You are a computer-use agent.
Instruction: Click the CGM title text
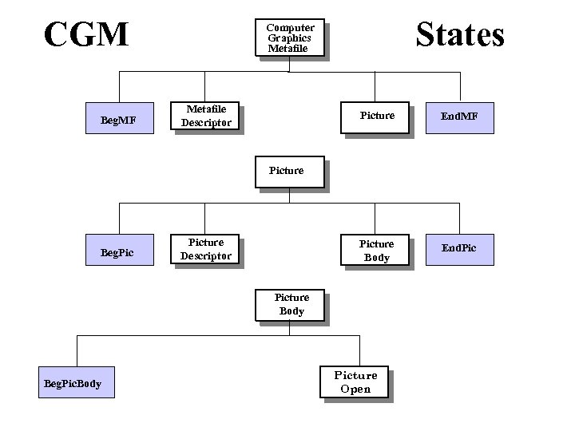86,34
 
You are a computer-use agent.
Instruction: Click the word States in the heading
460,35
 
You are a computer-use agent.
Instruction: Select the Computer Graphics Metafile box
291,38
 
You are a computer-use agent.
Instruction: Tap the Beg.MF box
118,121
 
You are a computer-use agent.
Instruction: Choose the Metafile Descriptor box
206,117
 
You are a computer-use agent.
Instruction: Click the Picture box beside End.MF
377,117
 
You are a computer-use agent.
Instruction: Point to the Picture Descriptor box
206,249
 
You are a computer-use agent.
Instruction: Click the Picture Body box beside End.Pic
376,250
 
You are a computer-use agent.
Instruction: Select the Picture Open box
355,382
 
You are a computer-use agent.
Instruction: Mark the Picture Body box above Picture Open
291,305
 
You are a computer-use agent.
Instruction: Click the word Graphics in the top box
289,38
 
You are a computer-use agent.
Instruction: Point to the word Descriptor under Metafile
206,123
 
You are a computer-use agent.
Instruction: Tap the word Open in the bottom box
355,389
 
